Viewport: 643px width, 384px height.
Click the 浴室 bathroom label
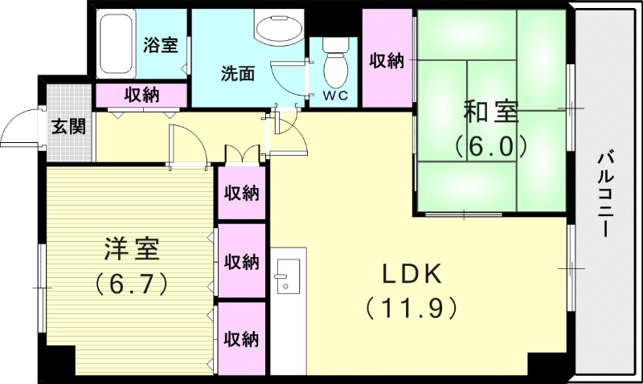[x=161, y=45]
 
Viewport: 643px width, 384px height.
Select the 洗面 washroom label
[x=238, y=72]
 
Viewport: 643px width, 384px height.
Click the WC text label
[x=335, y=96]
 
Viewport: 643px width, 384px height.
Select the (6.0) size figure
[x=489, y=145]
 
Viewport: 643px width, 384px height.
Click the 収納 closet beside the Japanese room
[x=386, y=60]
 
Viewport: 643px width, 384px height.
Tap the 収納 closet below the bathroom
[x=141, y=94]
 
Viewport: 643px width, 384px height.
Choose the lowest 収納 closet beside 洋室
[x=241, y=338]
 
